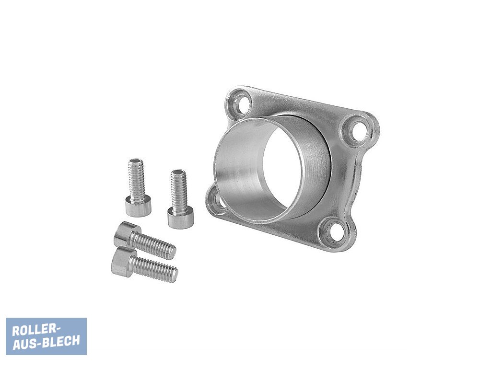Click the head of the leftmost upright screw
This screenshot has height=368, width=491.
click(139, 207)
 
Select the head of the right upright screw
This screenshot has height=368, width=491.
click(180, 218)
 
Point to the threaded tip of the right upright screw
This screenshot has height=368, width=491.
click(178, 172)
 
